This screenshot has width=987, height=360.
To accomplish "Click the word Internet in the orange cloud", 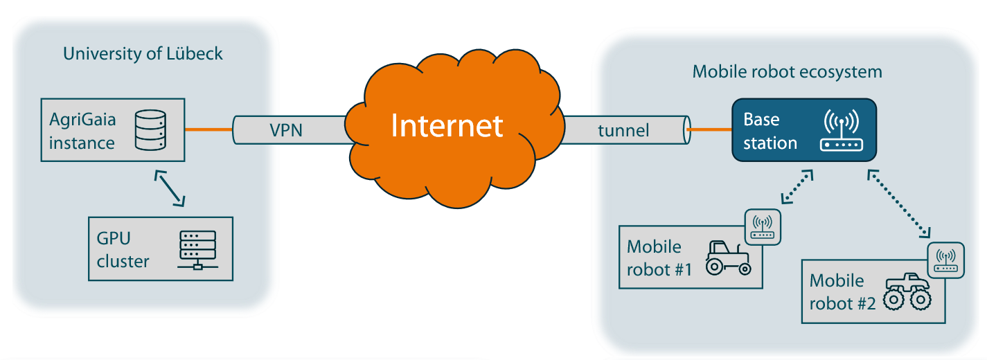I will pyautogui.click(x=447, y=126).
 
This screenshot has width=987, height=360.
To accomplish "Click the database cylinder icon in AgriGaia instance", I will pyautogui.click(x=151, y=131).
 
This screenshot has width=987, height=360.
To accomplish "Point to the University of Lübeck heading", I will pyautogui.click(x=143, y=53).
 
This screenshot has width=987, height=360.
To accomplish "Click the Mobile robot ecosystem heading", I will pyautogui.click(x=788, y=71).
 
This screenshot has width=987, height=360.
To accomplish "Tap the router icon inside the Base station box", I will pyautogui.click(x=839, y=132).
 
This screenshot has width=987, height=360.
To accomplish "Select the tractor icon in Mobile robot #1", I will pyautogui.click(x=727, y=258).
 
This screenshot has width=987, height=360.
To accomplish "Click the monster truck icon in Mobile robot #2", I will pyautogui.click(x=908, y=291).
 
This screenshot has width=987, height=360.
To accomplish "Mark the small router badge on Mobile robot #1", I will pyautogui.click(x=763, y=227).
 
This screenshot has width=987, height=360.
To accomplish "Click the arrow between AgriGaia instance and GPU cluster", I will pyautogui.click(x=170, y=187).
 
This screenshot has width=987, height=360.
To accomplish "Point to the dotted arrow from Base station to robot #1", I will pyautogui.click(x=797, y=188).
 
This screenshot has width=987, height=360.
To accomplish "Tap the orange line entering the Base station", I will pyautogui.click(x=709, y=129).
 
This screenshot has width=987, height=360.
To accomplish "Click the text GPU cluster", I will pyautogui.click(x=123, y=250).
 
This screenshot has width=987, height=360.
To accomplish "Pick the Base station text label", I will pyautogui.click(x=770, y=132).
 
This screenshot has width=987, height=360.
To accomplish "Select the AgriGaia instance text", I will pyautogui.click(x=82, y=131).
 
